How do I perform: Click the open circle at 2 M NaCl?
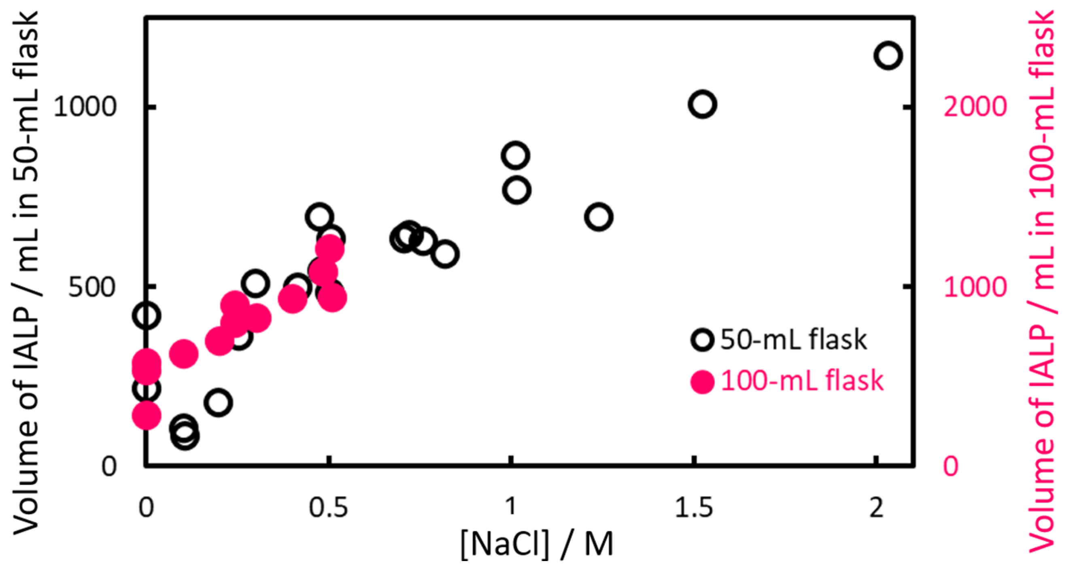[888, 55]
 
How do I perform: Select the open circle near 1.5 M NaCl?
[702, 104]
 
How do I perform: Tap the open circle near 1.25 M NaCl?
[598, 217]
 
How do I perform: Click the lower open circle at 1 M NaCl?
[516, 190]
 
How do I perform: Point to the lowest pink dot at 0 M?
[147, 415]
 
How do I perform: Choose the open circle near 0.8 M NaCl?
[445, 253]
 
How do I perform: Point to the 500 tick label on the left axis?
[91, 287]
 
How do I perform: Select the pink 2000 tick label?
[975, 107]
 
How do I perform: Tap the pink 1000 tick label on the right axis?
[975, 287]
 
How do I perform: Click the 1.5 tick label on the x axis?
[693, 508]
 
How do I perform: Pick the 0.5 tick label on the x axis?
[328, 508]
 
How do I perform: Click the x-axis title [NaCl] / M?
[537, 544]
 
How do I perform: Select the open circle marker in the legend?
[702, 340]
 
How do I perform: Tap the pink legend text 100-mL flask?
[801, 381]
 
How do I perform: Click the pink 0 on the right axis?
[951, 466]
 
